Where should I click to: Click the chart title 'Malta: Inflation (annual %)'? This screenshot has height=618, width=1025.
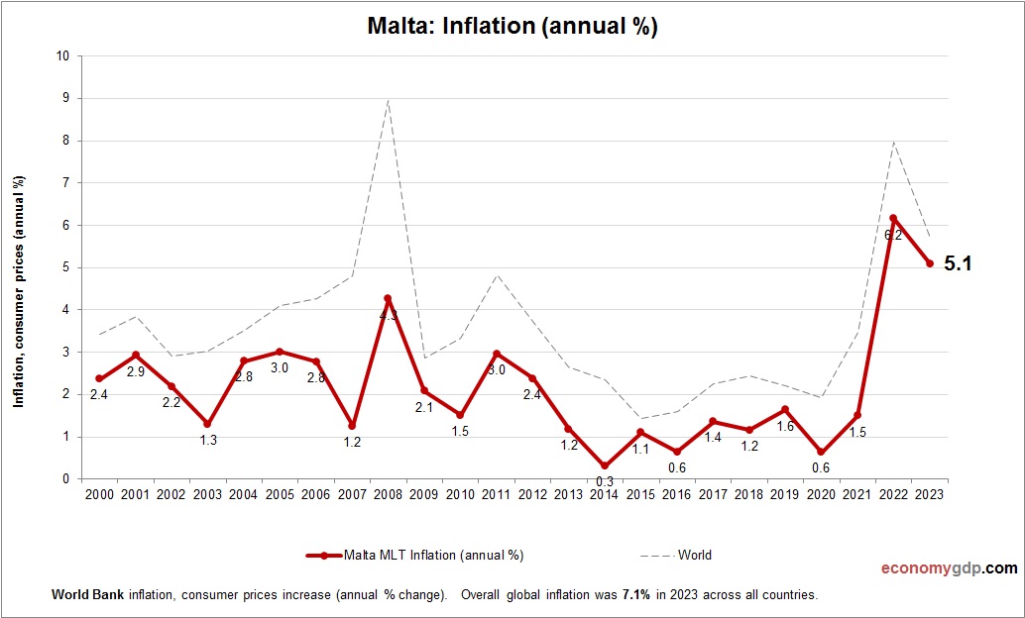tap(512, 28)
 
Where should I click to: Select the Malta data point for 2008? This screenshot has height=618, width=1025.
tap(388, 298)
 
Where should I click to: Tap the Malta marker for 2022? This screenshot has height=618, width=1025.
tap(893, 218)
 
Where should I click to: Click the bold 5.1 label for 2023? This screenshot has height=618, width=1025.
tap(958, 263)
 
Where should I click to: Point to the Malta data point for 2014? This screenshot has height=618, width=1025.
tap(604, 465)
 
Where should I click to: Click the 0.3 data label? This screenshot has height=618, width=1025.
tap(604, 482)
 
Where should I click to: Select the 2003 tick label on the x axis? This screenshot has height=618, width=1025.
tap(207, 494)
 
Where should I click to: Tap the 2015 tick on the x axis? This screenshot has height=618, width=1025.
tap(640, 494)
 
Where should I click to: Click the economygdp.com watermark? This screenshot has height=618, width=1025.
tap(949, 568)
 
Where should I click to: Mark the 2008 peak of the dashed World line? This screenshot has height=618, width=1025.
tap(388, 100)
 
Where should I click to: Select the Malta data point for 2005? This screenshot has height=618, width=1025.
tap(280, 352)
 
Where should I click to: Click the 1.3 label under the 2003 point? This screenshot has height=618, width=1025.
tap(208, 440)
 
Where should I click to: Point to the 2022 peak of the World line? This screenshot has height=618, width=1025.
tap(893, 142)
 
